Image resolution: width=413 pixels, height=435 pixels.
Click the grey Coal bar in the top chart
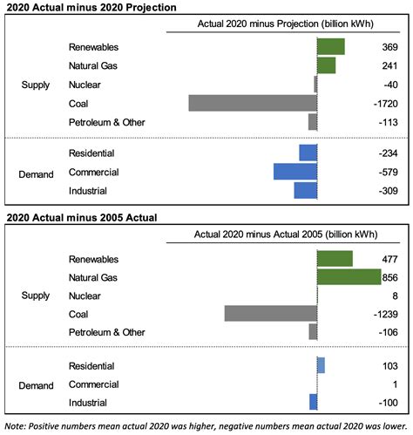click(x=252, y=103)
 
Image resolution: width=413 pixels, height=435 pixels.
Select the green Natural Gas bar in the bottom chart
click(x=349, y=277)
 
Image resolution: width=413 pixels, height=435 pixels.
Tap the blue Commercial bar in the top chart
click(x=295, y=172)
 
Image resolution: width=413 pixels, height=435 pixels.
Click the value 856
click(x=390, y=277)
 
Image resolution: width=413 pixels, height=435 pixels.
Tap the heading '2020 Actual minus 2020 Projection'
click(x=90, y=7)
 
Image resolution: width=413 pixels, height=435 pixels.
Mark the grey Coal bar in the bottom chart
click(x=270, y=314)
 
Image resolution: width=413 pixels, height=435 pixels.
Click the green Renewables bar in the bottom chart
click(x=335, y=258)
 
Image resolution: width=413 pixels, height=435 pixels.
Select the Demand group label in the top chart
click(x=37, y=173)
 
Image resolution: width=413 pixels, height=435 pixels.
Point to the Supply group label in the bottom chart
click(x=36, y=296)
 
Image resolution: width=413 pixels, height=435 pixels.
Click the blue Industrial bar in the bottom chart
click(x=313, y=402)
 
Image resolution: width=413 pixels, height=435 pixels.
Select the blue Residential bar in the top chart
click(x=308, y=153)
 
